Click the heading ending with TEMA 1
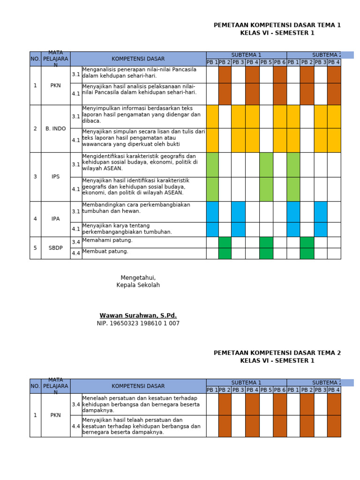click(277, 25)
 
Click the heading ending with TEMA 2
click(277, 353)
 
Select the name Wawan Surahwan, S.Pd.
click(138, 315)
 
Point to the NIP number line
click(138, 323)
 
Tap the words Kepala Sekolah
click(138, 285)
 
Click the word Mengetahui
click(138, 278)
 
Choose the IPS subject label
click(55, 177)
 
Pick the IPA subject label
click(55, 219)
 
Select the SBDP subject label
click(55, 248)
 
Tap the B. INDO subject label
click(55, 128)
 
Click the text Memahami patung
click(107, 240)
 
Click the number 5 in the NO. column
click(35, 248)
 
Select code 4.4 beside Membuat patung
click(76, 254)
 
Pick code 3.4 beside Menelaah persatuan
click(76, 404)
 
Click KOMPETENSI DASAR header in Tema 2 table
click(138, 386)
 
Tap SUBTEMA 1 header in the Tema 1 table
click(246, 55)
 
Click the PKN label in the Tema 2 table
click(55, 415)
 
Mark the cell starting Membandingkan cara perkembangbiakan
click(136, 208)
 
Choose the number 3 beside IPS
click(35, 177)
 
